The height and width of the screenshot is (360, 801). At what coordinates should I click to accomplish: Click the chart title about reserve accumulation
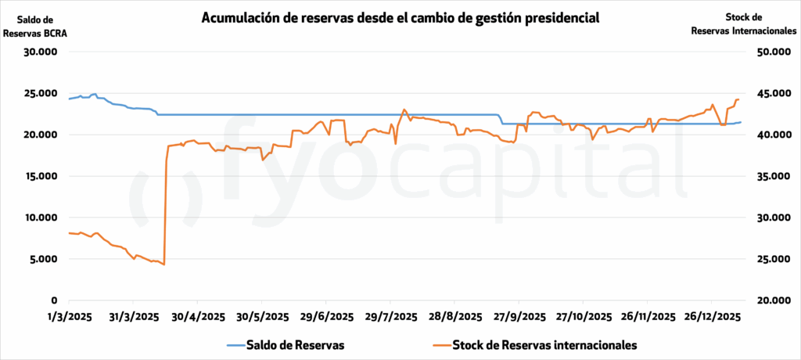point(400,17)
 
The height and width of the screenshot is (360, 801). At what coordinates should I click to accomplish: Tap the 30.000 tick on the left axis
point(43,52)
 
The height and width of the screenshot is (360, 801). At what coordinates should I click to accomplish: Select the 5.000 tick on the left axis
point(45,259)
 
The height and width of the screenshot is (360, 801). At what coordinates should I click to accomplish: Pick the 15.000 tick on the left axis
point(43,176)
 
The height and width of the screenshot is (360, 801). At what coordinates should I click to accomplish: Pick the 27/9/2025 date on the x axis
point(519,317)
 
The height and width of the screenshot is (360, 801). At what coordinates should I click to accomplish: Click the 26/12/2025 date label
point(712,317)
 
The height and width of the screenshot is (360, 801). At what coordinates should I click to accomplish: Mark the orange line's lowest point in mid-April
point(164,265)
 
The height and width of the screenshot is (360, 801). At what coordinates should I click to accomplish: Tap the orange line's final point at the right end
point(738,99)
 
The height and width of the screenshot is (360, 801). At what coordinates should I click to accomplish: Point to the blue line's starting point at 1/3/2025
point(69,99)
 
